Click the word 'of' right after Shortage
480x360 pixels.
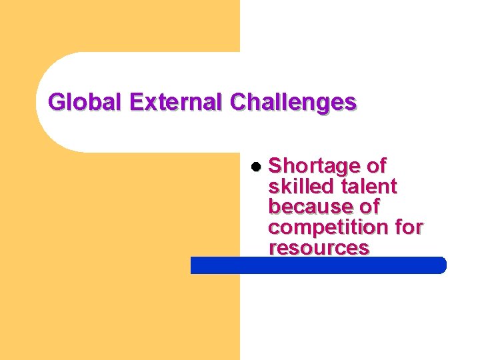coord(373,165)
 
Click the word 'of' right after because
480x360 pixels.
coord(368,206)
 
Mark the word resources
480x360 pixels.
coord(319,248)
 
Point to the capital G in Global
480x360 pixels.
coord(57,103)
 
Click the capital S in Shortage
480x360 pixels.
coord(275,165)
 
